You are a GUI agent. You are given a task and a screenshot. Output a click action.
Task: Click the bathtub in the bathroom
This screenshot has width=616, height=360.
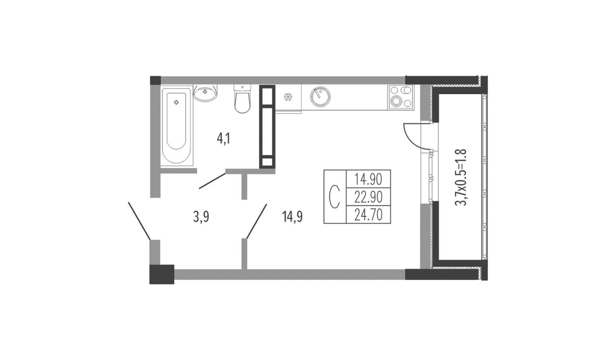(176, 127)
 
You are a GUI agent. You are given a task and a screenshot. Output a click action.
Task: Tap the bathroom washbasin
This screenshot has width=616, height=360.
(205, 93)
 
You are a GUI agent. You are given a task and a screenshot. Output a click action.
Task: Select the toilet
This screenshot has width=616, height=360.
(242, 99)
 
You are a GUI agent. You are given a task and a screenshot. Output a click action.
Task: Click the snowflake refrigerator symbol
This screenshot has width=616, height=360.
(288, 97)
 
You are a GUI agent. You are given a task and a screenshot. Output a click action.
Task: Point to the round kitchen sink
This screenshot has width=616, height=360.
(320, 97)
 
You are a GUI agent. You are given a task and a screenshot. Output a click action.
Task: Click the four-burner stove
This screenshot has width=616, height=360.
(401, 97)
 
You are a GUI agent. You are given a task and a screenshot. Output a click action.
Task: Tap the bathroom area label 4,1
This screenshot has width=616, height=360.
(224, 139)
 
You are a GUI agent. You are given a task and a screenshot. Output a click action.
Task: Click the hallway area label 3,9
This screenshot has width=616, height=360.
(201, 217)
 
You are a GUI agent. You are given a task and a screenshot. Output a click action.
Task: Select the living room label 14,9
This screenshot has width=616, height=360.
(292, 217)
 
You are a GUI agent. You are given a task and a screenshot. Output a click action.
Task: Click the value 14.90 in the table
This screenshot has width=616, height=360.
(368, 180)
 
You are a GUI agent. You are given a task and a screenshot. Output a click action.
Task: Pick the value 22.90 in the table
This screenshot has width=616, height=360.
(368, 197)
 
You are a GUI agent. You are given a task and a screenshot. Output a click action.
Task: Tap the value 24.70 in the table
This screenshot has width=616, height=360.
(368, 215)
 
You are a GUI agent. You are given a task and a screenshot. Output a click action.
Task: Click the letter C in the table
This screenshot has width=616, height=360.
(334, 197)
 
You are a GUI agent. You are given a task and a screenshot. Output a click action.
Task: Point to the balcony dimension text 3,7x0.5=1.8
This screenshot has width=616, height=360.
(462, 178)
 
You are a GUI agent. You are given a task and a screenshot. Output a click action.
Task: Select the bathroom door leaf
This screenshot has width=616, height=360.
(212, 181)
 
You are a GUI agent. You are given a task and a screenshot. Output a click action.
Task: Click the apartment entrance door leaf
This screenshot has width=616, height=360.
(139, 221)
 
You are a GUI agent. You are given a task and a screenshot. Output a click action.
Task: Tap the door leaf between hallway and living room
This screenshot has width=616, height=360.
(257, 221)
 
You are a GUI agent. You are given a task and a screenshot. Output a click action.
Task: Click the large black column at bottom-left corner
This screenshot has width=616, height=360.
(162, 274)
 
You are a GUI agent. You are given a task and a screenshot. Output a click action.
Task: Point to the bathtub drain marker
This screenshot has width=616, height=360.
(176, 103)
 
